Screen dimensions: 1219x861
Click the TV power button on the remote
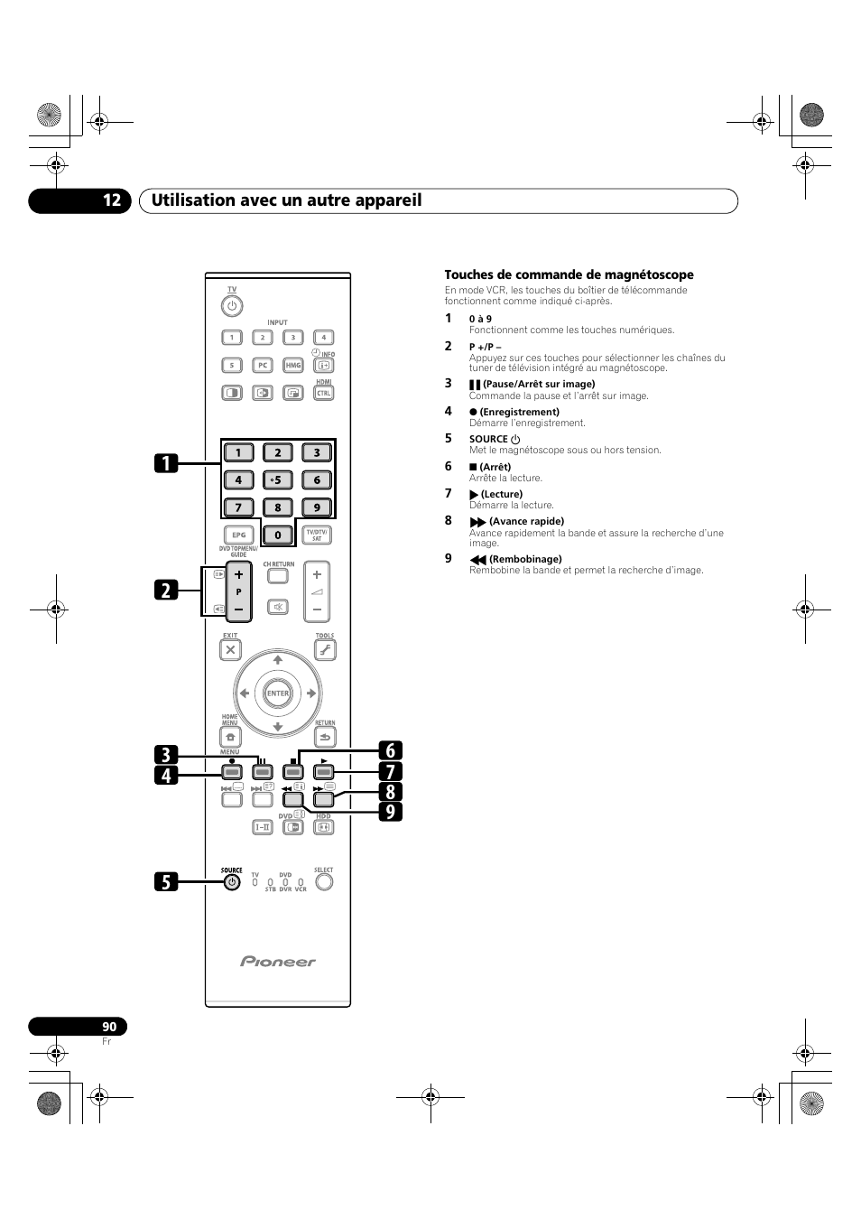click(x=232, y=305)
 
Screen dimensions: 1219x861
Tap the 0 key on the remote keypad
click(x=278, y=535)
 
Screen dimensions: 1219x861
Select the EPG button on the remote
click(x=239, y=535)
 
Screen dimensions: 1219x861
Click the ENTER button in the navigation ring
click(x=278, y=693)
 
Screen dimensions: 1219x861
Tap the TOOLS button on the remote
click(x=325, y=649)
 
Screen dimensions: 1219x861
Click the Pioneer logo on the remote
click(x=278, y=962)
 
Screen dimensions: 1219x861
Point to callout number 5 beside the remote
click(x=165, y=881)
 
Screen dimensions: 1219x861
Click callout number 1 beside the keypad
click(x=165, y=463)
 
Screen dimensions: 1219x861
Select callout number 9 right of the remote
click(x=391, y=812)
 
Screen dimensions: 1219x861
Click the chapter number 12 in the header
click(x=111, y=200)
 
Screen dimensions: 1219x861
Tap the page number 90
click(x=109, y=1027)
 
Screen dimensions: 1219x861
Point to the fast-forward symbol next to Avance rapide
click(x=477, y=522)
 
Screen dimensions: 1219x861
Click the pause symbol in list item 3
click(x=475, y=385)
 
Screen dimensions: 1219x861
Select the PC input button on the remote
click(x=262, y=366)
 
